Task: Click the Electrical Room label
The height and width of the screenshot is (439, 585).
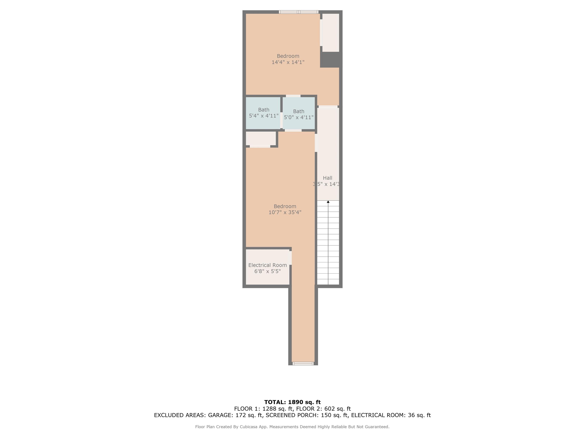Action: (x=267, y=265)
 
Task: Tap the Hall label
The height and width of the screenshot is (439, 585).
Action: (x=327, y=178)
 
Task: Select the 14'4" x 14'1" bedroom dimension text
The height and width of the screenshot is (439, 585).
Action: (x=288, y=62)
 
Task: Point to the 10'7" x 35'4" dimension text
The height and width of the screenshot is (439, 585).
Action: (x=285, y=212)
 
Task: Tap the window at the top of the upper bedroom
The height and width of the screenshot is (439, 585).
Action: (x=299, y=12)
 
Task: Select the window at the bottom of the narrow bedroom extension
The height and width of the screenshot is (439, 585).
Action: (x=303, y=364)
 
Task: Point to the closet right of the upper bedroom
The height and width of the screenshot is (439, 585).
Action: (x=331, y=33)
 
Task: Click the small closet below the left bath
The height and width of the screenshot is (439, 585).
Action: (x=261, y=138)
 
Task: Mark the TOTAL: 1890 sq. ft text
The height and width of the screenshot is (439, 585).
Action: (x=292, y=402)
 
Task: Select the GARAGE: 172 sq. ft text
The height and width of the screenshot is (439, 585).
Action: (x=235, y=415)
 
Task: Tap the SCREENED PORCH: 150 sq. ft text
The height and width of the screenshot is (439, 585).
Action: (x=307, y=415)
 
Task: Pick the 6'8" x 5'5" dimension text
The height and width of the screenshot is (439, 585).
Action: (x=267, y=271)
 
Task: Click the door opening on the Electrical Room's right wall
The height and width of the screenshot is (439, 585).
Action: (x=290, y=258)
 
